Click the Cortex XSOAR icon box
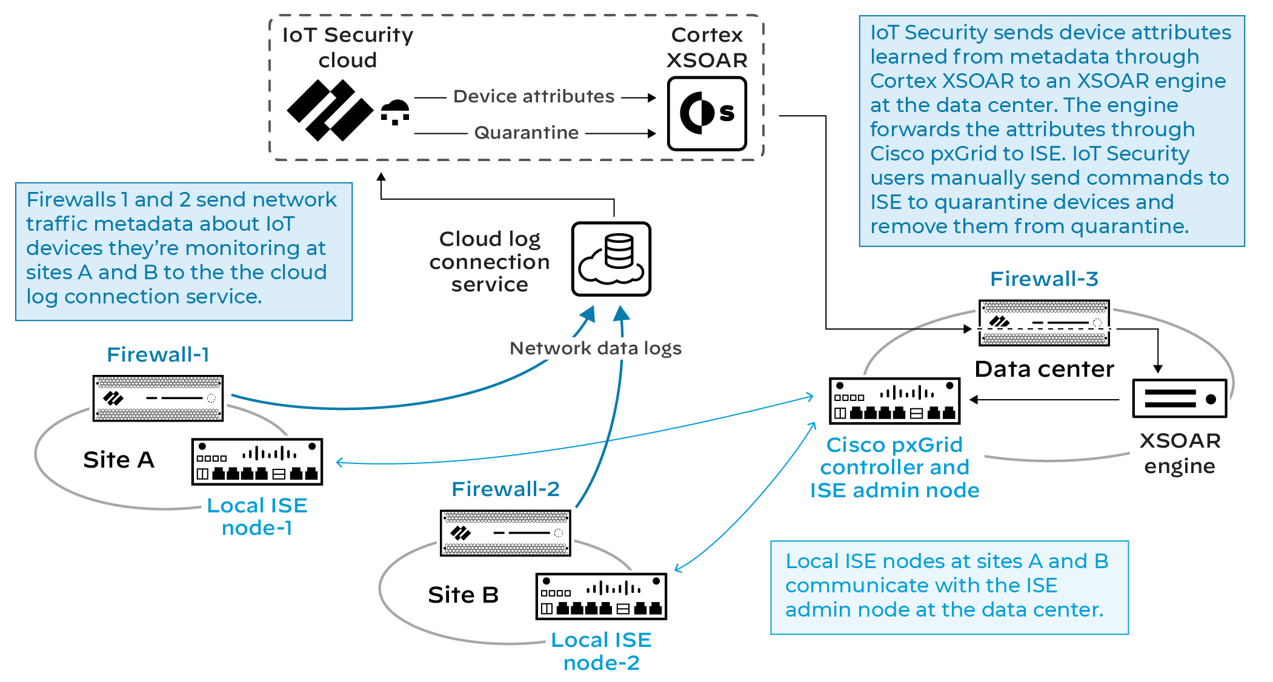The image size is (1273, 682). [x=706, y=113]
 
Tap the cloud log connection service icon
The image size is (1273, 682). [x=611, y=259]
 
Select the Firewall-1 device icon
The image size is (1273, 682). [x=158, y=398]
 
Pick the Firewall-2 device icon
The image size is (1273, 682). [x=505, y=533]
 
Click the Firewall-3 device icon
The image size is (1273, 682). [x=1044, y=323]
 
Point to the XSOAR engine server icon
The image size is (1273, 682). [x=1179, y=399]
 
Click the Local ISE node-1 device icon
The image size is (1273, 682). [x=257, y=462]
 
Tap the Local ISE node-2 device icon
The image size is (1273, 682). [x=601, y=597]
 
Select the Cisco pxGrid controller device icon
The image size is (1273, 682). [x=894, y=401]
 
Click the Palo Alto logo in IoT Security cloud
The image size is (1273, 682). [x=330, y=110]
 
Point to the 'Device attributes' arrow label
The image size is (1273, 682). [x=534, y=96]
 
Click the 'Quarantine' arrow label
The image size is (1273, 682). [x=526, y=133]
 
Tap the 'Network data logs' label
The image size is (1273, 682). [x=595, y=348]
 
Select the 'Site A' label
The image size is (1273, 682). [x=119, y=460]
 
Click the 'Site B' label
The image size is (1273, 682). [x=463, y=595]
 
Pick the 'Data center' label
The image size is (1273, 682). [x=1044, y=369]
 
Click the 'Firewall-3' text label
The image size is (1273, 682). [x=1043, y=279]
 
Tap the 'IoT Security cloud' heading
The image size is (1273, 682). [x=348, y=47]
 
